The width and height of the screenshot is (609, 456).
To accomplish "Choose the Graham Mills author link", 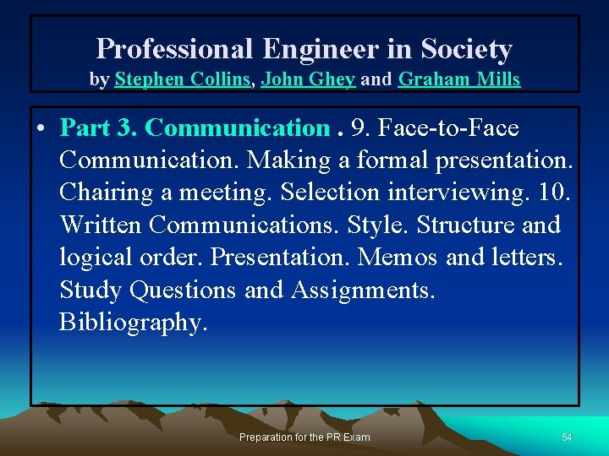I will [458, 80].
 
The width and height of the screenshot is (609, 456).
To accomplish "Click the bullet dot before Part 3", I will [41, 129].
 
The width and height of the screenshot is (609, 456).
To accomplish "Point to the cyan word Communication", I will [236, 128].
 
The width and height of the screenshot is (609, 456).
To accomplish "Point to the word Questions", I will [183, 290].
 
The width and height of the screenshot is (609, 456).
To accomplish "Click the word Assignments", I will [363, 290].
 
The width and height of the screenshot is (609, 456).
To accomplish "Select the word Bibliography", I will [133, 323].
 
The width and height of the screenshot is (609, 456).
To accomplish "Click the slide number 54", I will [567, 437].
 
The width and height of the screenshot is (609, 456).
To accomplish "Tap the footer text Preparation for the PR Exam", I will [304, 437].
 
